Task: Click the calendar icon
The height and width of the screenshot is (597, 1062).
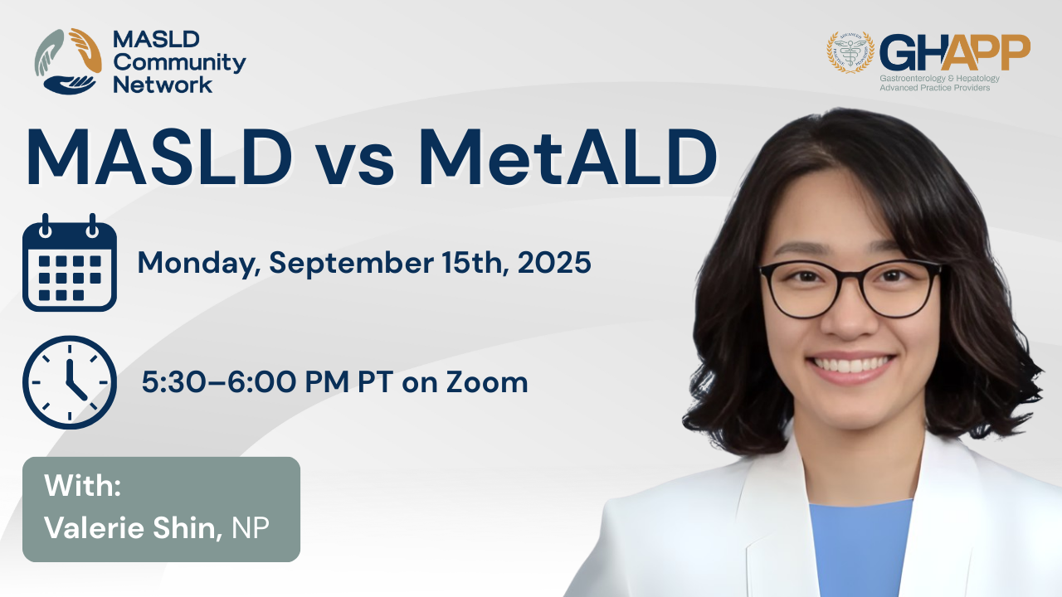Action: [x=69, y=263]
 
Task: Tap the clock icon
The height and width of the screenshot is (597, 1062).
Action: [x=69, y=382]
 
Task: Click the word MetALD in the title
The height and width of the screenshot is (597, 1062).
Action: [x=568, y=158]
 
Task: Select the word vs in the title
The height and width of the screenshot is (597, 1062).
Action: [x=354, y=164]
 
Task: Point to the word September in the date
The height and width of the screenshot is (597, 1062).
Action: [x=351, y=263]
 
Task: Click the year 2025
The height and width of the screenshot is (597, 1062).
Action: [x=554, y=263]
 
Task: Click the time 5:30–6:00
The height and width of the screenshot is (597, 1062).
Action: [x=219, y=382]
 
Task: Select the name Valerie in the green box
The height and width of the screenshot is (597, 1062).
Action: [x=94, y=527]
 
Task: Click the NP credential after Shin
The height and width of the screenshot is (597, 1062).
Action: [x=251, y=527]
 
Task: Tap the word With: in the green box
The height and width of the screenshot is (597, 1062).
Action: [x=82, y=485]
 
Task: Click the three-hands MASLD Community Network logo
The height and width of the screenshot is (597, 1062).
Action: [x=68, y=61]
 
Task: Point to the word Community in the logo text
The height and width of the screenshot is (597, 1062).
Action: [x=180, y=63]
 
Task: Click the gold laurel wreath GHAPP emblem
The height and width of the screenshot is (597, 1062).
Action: [x=850, y=52]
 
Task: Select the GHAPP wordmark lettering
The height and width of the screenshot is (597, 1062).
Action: [x=955, y=52]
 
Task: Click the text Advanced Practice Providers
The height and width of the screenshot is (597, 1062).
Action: [x=935, y=88]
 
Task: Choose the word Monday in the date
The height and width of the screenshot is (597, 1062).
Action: [x=198, y=264]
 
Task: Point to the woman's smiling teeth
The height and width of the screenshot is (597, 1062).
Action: [x=850, y=365]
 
